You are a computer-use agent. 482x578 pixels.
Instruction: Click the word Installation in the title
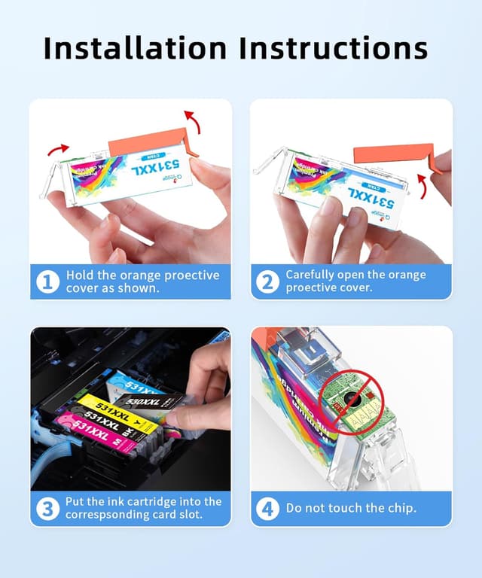point(135,47)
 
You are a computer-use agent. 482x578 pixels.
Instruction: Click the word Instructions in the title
point(334,47)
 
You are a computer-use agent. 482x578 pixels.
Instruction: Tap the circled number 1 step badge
point(49,282)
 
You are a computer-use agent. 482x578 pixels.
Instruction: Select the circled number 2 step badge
point(268,282)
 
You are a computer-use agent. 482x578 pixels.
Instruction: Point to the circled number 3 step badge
point(49,509)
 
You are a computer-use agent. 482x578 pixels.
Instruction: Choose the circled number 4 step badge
point(268,509)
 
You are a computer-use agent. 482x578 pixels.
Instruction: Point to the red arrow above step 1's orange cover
point(194,120)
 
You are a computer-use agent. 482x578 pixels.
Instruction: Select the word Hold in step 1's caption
point(79,275)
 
